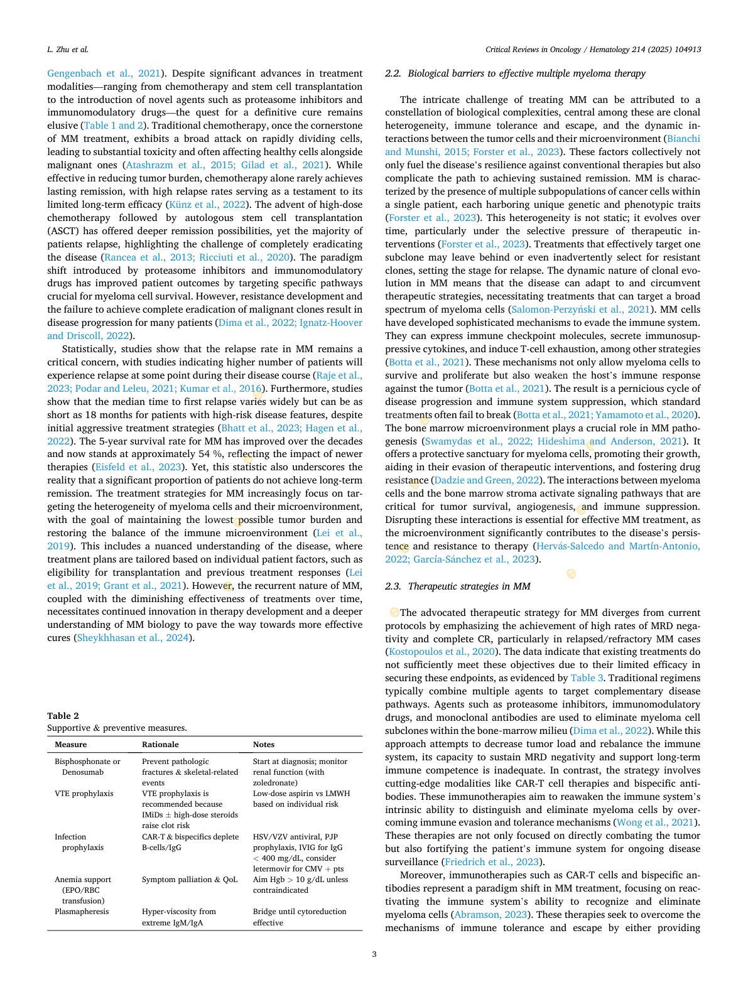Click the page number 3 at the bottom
374,954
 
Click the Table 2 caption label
63,716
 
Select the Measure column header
71,745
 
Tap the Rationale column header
160,745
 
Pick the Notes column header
264,745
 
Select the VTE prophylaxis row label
84,794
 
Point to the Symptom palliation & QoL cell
190,880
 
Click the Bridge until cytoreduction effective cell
299,917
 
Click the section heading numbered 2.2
515,73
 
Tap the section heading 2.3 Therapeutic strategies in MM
458,586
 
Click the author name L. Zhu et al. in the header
68,50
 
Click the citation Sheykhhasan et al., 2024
133,638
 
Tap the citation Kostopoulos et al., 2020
442,652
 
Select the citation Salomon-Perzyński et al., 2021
580,310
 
